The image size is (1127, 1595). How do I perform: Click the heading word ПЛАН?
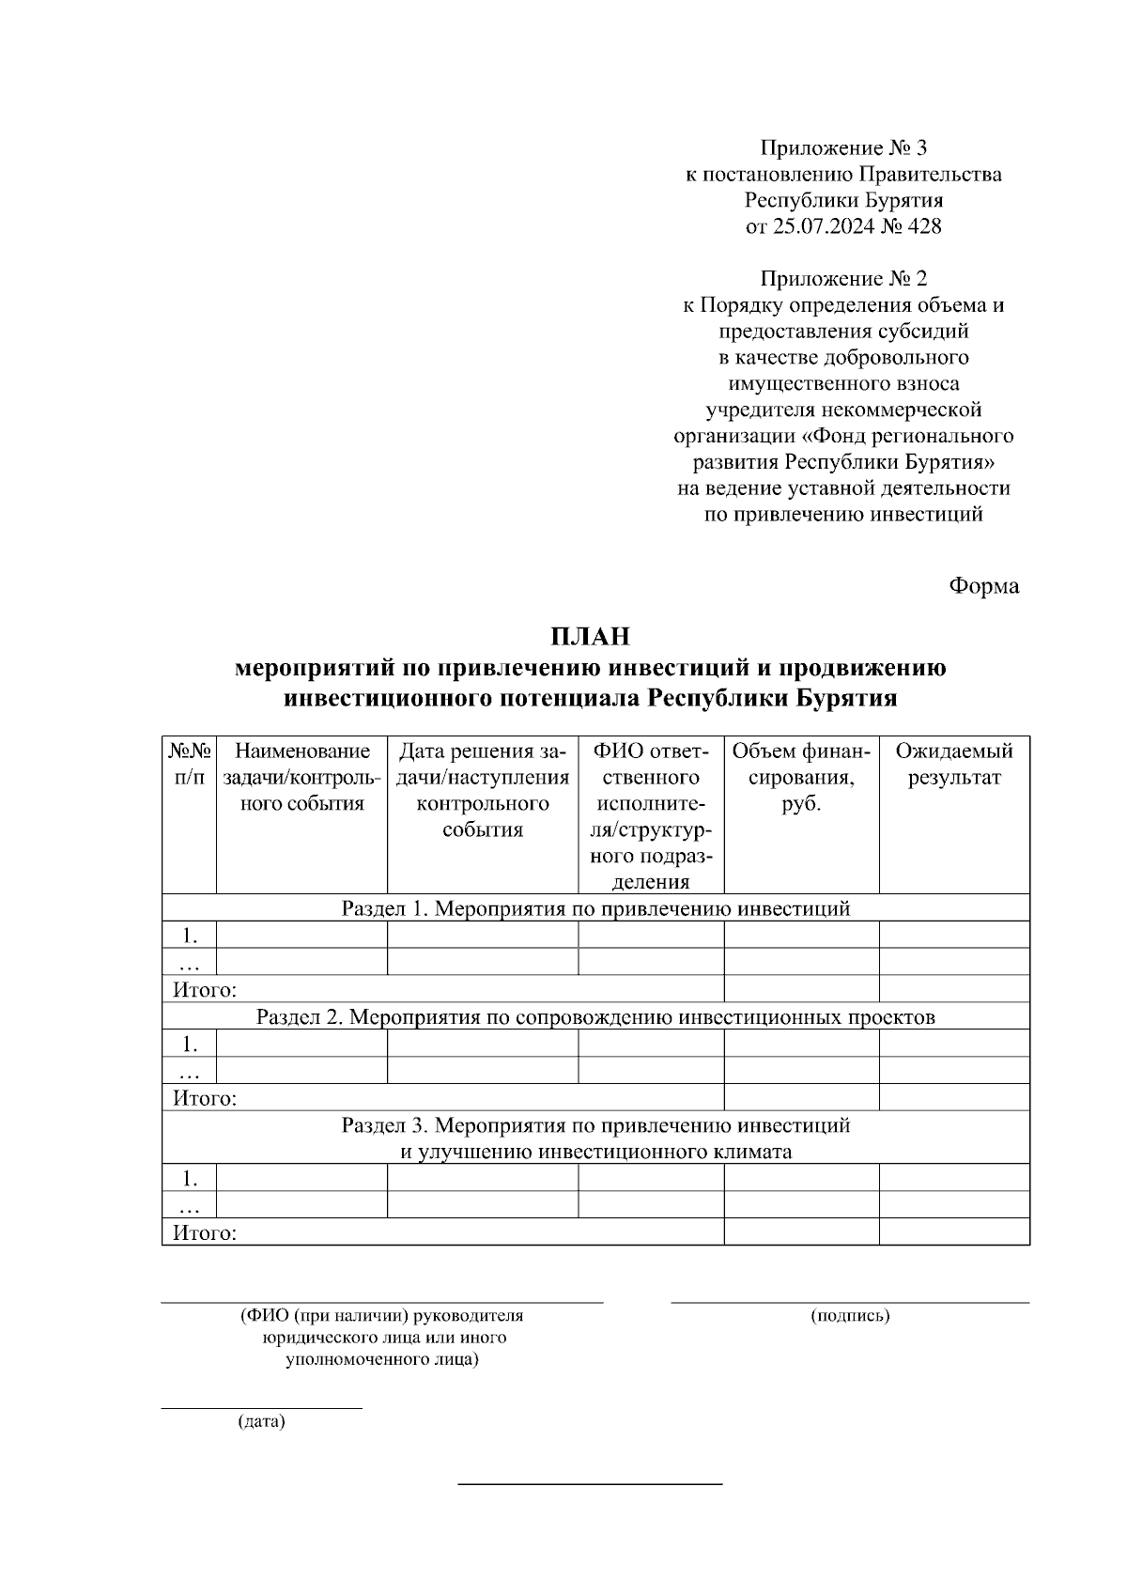click(590, 636)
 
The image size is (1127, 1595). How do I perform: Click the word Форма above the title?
click(983, 585)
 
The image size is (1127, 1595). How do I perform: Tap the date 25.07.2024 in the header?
click(822, 226)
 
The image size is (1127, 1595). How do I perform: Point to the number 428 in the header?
click(924, 226)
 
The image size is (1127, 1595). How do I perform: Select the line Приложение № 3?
click(843, 147)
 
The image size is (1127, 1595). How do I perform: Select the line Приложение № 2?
click(843, 279)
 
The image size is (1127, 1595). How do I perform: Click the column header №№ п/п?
click(190, 764)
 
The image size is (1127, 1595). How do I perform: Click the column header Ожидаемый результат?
click(953, 764)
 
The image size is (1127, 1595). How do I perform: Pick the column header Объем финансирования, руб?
click(801, 778)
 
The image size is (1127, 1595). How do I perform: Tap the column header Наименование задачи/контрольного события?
click(302, 778)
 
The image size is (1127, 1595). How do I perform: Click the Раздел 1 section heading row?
click(595, 908)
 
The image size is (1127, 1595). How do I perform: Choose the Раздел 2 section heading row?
click(595, 1016)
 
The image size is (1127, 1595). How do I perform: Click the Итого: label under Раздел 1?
click(205, 989)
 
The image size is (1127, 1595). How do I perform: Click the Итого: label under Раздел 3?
click(205, 1232)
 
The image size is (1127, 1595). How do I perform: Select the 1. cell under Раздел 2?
click(190, 1044)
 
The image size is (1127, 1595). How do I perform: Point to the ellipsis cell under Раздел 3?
click(190, 1206)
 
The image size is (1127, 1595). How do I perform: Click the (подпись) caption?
click(850, 1315)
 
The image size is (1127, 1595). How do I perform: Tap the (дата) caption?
click(261, 1421)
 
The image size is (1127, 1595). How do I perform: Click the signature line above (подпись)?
click(850, 1302)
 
